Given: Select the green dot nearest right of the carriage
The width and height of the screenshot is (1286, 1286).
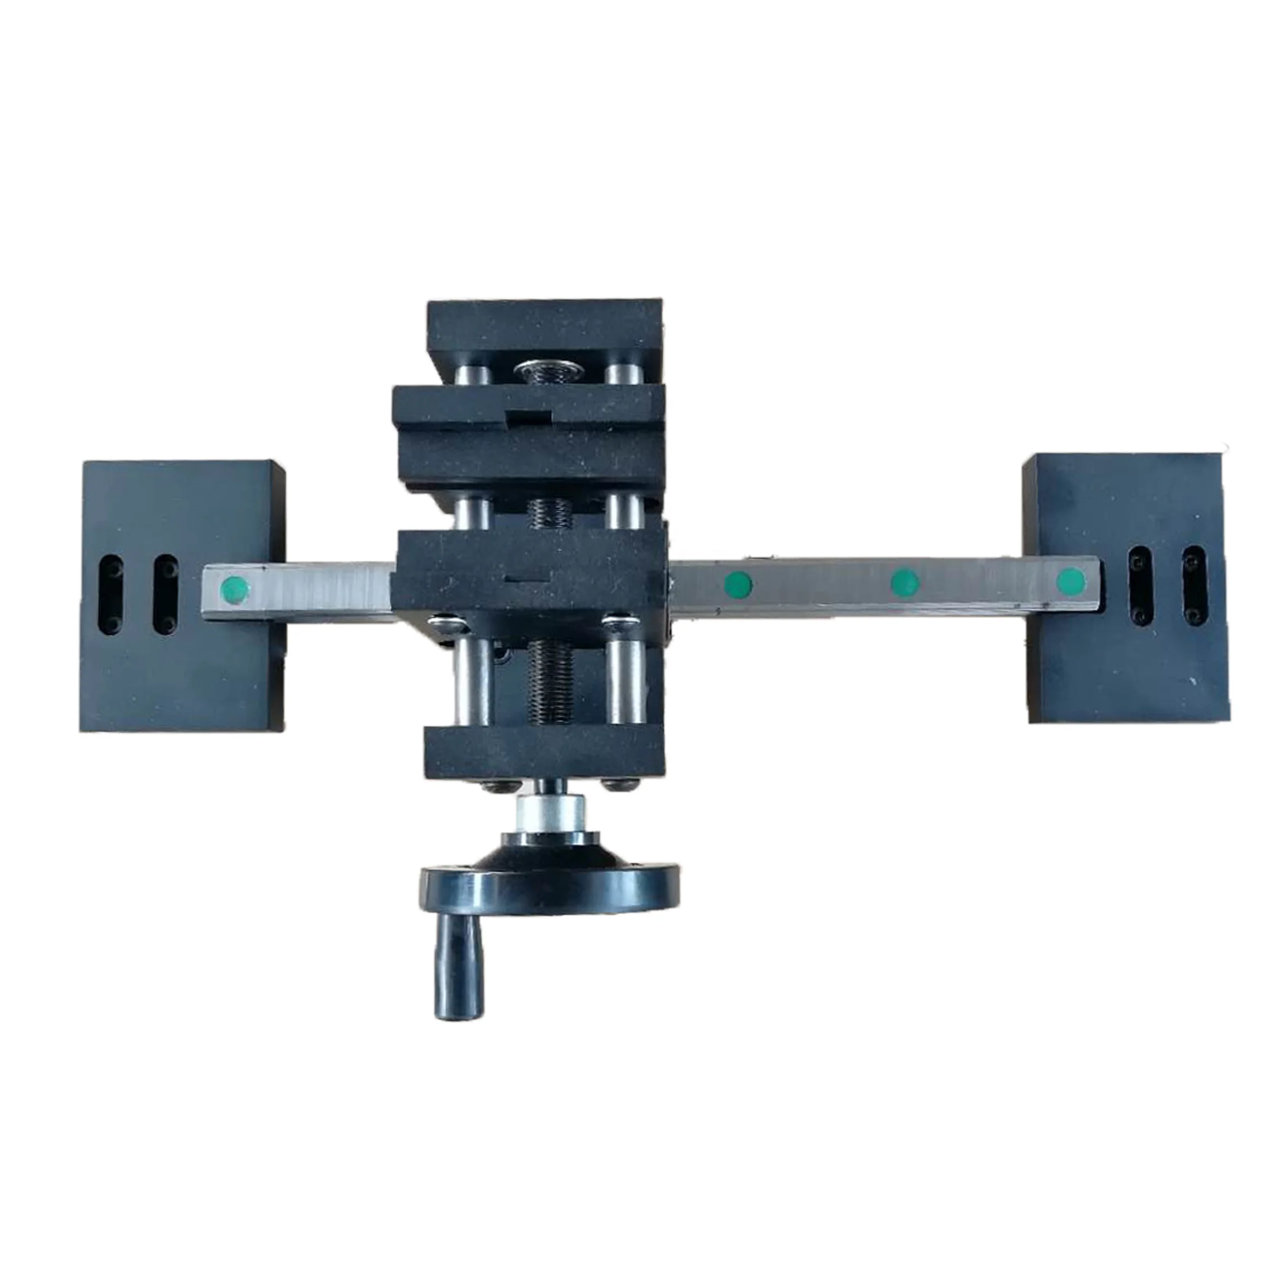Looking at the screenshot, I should pos(738,585).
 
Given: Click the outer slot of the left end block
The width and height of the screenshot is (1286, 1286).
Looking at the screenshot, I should pos(111,595).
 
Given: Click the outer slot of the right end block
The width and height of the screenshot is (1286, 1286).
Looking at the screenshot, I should pos(1194,584).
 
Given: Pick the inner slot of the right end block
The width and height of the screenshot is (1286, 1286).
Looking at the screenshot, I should pos(1141,584).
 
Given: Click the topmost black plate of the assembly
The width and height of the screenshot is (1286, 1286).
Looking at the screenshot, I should pos(544,331).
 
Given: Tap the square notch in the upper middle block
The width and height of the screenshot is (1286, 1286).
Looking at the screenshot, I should pos(529,418).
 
